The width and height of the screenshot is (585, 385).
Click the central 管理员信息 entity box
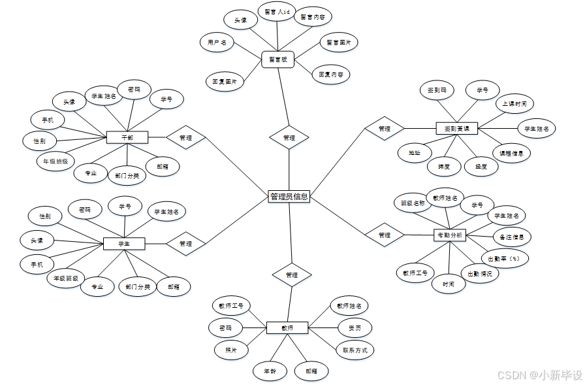coord(289,196)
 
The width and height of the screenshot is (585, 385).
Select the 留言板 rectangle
coord(278,59)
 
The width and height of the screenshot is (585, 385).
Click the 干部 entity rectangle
coord(127,137)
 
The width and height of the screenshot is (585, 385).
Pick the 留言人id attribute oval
coord(276,12)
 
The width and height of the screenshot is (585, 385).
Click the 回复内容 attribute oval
coord(330,74)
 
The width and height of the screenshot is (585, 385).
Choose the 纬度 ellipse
coord(444,166)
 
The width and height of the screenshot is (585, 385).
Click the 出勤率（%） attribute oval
coord(505,258)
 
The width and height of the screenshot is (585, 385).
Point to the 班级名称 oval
coord(413,203)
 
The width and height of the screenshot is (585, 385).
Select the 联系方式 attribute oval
coord(355,350)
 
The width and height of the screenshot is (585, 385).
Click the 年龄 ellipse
coord(270,371)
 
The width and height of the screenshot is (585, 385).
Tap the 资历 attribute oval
coord(355,327)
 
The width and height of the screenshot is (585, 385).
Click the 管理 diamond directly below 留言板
coord(289,138)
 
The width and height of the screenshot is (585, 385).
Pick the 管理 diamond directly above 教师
coord(291,275)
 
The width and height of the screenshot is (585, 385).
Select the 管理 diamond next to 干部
coord(185,138)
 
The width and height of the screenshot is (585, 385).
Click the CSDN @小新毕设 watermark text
coord(539,375)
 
